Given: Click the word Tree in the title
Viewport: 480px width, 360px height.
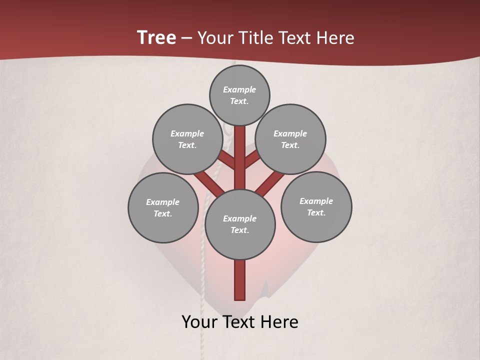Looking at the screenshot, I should (156, 38).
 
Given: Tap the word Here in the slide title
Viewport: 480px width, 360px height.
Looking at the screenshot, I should (334, 38).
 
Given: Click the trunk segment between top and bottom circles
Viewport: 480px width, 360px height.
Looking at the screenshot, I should (240, 157).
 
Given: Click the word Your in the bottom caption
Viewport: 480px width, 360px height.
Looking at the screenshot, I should (200, 322).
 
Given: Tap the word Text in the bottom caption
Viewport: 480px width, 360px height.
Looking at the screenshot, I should (241, 322).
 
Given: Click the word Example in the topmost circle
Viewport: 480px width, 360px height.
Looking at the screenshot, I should (239, 89).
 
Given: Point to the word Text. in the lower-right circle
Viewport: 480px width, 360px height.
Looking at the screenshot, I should (316, 212).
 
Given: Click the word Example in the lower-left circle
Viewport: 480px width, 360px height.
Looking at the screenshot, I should (163, 202).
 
